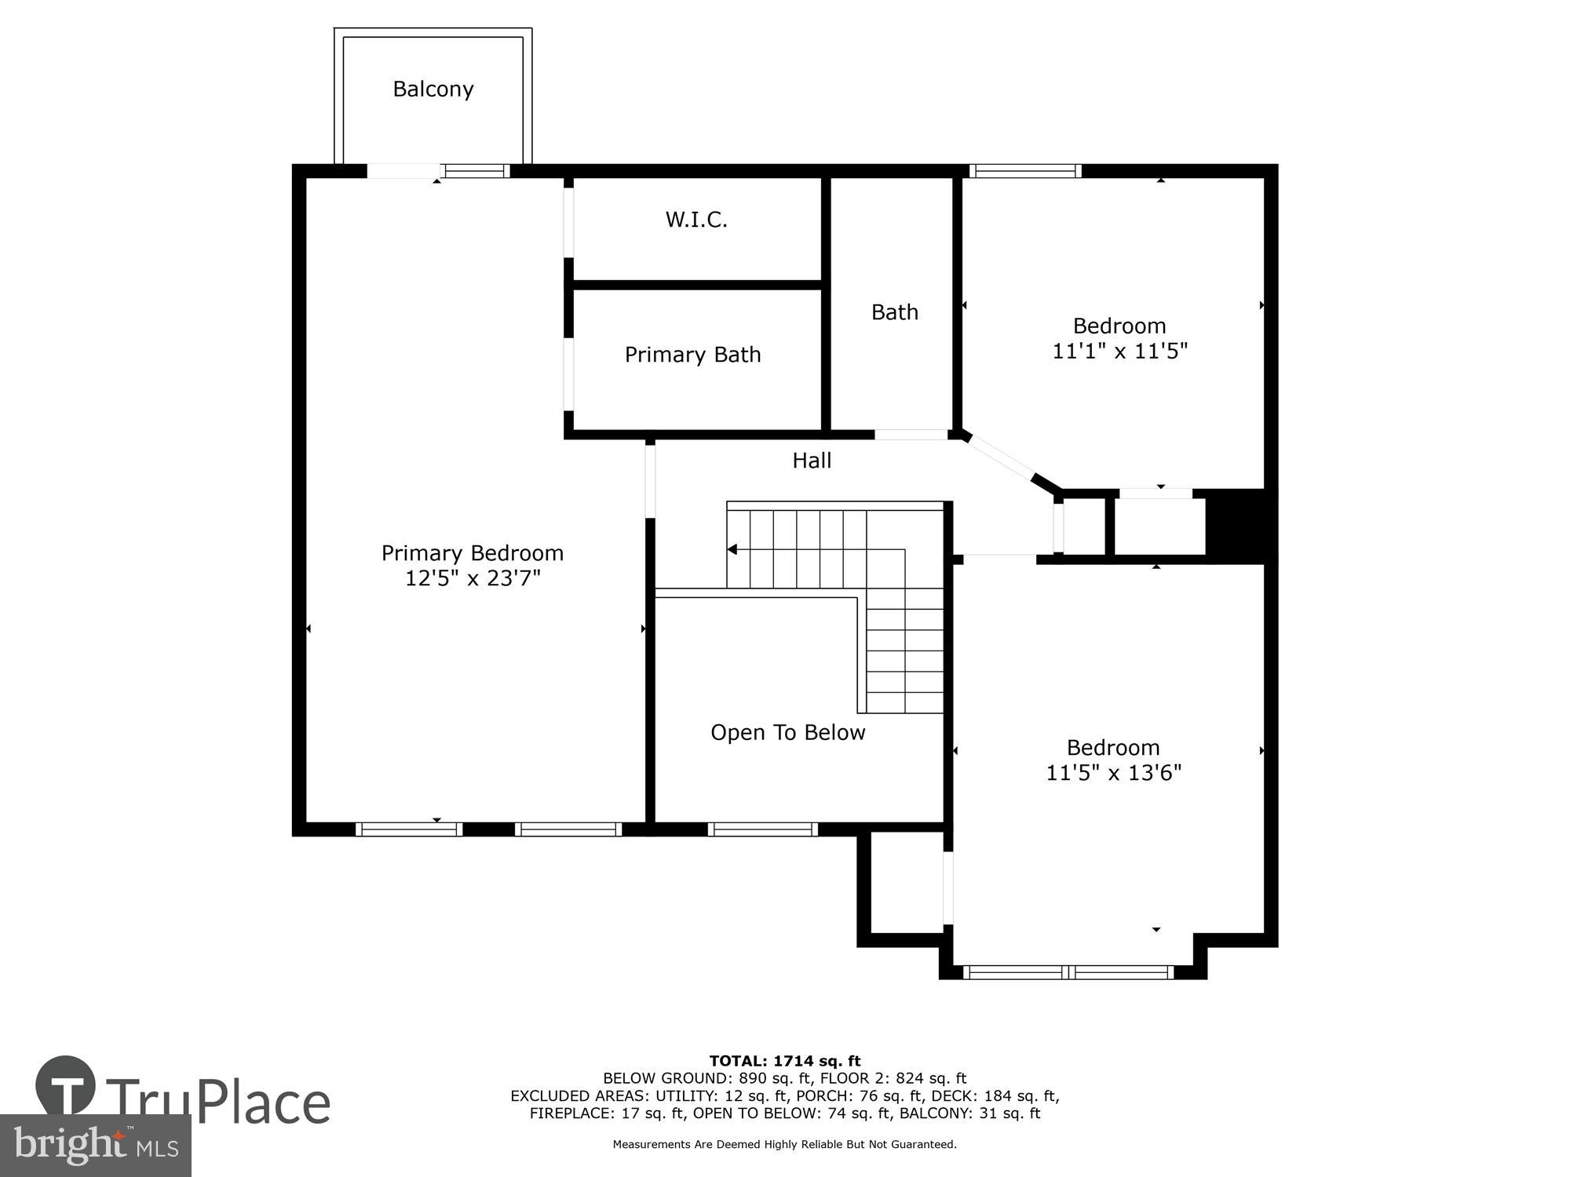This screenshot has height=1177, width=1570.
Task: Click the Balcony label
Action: click(x=433, y=89)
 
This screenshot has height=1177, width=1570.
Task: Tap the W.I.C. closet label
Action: click(x=696, y=220)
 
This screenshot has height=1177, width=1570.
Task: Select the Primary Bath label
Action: click(x=692, y=355)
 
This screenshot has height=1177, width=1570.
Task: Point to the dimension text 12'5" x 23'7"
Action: click(x=473, y=578)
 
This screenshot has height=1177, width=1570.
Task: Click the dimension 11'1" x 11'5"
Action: click(x=1119, y=351)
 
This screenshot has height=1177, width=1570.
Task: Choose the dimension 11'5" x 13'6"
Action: click(x=1113, y=773)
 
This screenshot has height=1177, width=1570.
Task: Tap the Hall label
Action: click(x=812, y=461)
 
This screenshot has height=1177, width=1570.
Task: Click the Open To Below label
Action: click(x=787, y=733)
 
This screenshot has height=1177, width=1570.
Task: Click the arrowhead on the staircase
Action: click(x=732, y=549)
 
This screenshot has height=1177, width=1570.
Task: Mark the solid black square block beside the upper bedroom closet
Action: click(x=1236, y=524)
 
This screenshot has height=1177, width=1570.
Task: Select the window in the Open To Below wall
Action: click(x=762, y=829)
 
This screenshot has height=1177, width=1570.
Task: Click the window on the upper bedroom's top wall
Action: click(x=1024, y=171)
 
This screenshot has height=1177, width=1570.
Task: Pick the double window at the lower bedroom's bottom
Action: click(x=1068, y=972)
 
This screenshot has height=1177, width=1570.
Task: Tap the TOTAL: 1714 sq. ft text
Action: click(x=785, y=1062)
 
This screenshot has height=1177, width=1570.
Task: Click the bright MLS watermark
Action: click(x=96, y=1146)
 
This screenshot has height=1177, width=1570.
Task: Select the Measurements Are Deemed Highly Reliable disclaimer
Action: click(x=784, y=1145)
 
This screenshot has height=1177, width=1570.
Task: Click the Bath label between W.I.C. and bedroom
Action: click(x=894, y=312)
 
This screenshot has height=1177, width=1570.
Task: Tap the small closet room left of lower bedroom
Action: click(x=907, y=883)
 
